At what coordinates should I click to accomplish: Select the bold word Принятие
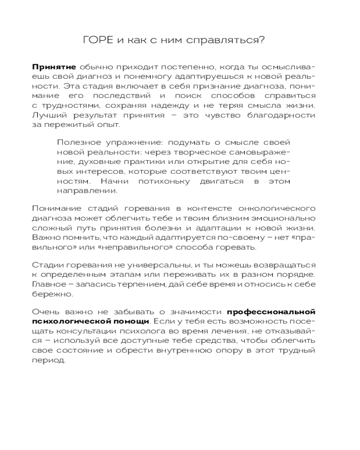tap(54, 66)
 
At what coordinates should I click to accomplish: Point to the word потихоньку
tap(152, 181)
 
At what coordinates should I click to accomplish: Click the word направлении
tap(81, 191)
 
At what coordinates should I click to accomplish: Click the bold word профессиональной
tap(271, 311)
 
